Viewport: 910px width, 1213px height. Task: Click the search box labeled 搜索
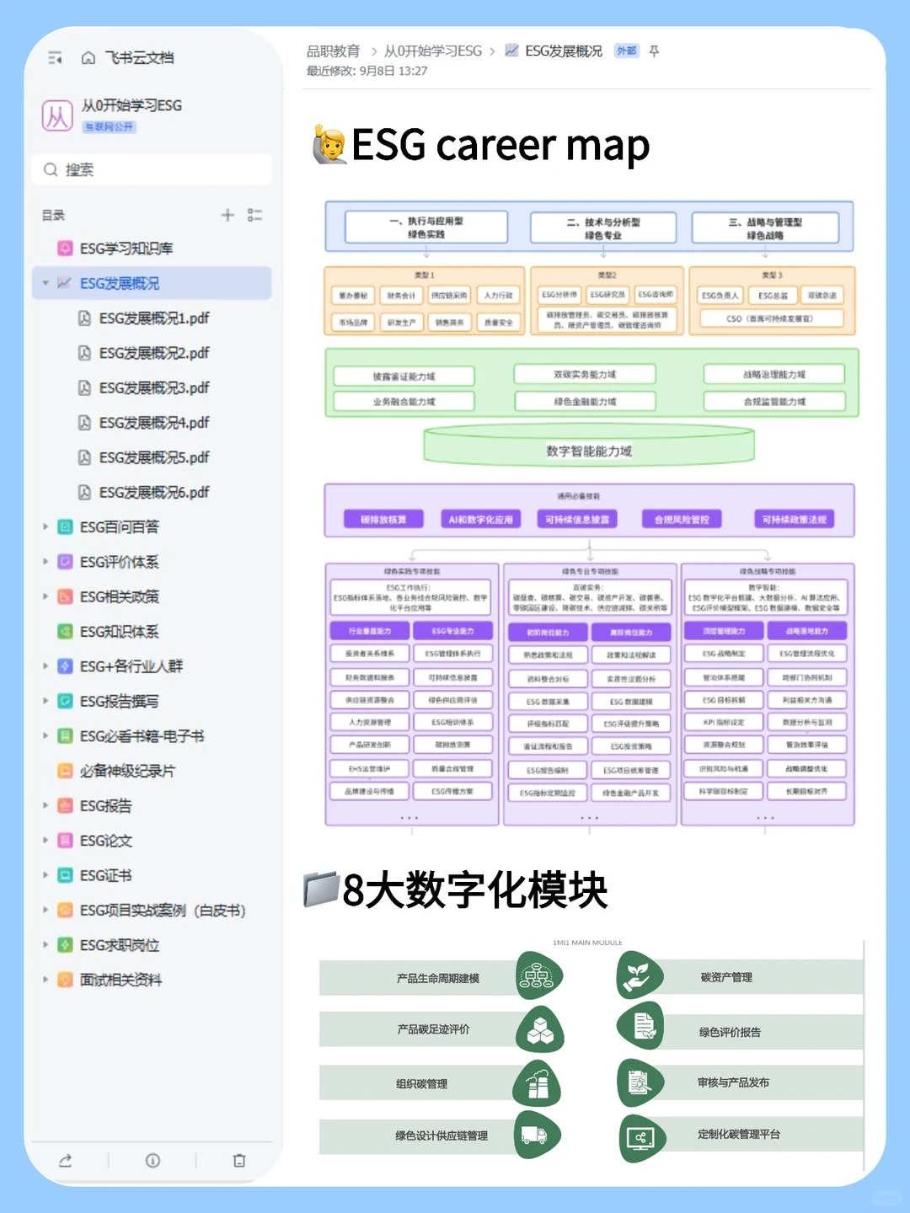pyautogui.click(x=152, y=169)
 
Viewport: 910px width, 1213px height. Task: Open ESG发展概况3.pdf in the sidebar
pyautogui.click(x=153, y=387)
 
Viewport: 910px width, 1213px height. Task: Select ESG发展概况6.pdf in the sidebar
pyautogui.click(x=153, y=492)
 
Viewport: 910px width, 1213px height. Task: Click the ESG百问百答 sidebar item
pyautogui.click(x=119, y=527)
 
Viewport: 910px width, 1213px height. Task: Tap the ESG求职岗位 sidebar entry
pyautogui.click(x=119, y=945)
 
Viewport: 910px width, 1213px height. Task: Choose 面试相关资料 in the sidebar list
pyautogui.click(x=120, y=980)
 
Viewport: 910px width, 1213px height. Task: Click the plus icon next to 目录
pyautogui.click(x=227, y=215)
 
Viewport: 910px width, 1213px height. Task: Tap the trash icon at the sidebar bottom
pyautogui.click(x=239, y=1160)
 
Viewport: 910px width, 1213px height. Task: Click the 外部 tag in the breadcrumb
pyautogui.click(x=626, y=51)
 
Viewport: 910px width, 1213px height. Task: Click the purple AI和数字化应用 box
pyautogui.click(x=480, y=520)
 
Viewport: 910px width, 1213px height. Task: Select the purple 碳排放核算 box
pyautogui.click(x=383, y=520)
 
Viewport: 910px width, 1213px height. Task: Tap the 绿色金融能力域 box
pyautogui.click(x=585, y=402)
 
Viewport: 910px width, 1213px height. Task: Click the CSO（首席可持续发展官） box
pyautogui.click(x=770, y=318)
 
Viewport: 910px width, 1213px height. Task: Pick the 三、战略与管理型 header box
pyautogui.click(x=765, y=228)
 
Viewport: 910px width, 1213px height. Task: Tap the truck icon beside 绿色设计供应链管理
pyautogui.click(x=537, y=1136)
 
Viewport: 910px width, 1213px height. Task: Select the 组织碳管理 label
pyautogui.click(x=421, y=1084)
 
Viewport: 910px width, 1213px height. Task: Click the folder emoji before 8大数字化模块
pyautogui.click(x=321, y=890)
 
